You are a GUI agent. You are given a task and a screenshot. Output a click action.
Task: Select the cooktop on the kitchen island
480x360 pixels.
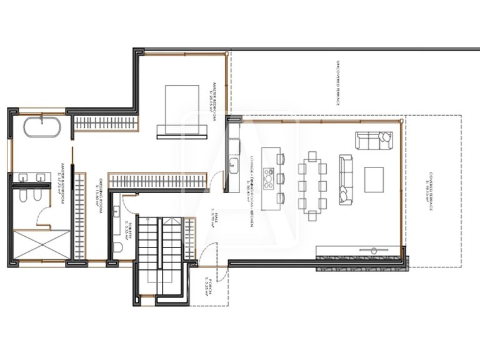pyautogui.click(x=269, y=177)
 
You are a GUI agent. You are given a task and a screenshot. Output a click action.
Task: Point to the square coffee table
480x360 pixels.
pyautogui.click(x=376, y=179)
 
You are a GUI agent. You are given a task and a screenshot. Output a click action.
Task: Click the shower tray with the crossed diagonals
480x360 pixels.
pyautogui.click(x=38, y=244)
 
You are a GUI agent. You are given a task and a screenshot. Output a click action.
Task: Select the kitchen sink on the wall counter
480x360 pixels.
pyautogui.click(x=232, y=166)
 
